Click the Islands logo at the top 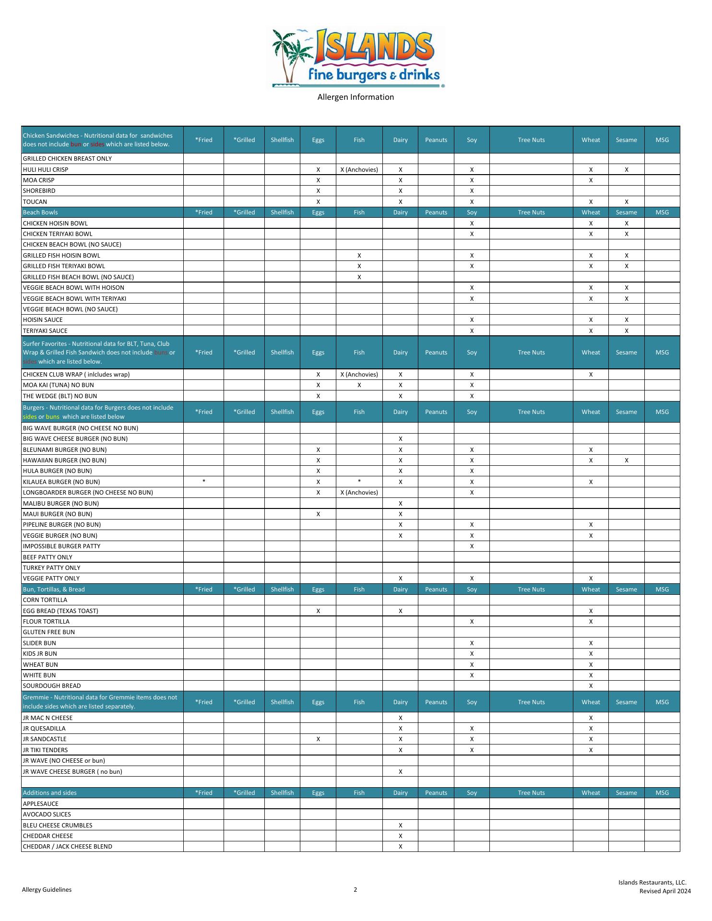point(357,58)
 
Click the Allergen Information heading point(356,97)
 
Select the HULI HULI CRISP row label point(46,169)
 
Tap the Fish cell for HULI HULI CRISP point(359,169)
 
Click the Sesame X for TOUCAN point(626,202)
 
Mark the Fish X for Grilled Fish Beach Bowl point(359,277)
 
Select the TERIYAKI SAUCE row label point(45,331)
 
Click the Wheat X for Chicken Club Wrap point(591,375)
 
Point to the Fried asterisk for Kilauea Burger point(204,482)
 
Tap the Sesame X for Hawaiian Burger point(626,460)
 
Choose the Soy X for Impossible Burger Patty point(472,546)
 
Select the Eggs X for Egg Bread point(318,611)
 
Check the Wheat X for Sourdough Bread point(591,686)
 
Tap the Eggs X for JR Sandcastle point(318,739)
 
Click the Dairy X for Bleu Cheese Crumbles point(400,826)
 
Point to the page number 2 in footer point(356,890)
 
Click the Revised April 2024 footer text point(665,891)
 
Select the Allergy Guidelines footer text point(47,890)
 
